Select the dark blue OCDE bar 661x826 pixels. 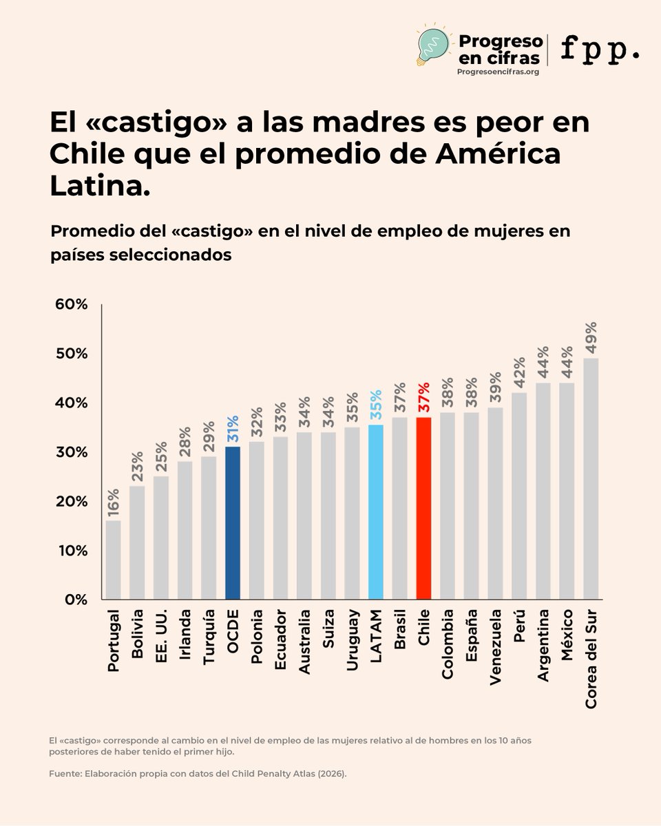coord(233,522)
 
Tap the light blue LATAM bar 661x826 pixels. coord(376,512)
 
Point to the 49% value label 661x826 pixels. coord(591,337)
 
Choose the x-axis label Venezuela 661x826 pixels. coord(495,647)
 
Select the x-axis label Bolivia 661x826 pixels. coord(137,634)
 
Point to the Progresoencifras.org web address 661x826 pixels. coord(498,71)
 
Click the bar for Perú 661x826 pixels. coord(519,496)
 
